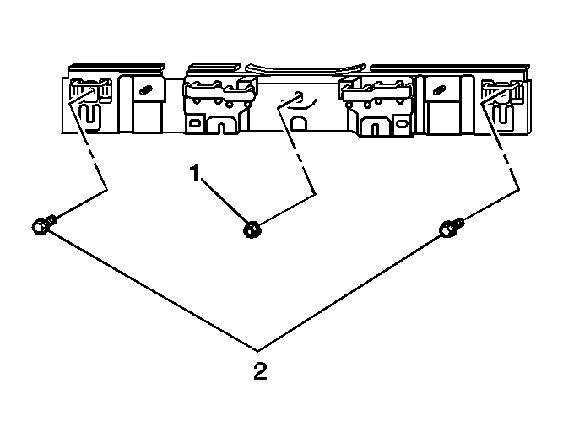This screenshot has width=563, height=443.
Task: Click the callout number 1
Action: pyautogui.click(x=195, y=173)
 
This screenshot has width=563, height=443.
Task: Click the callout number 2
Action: pyautogui.click(x=260, y=370)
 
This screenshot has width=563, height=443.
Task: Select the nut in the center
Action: pyautogui.click(x=252, y=230)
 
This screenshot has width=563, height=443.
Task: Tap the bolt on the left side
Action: pyautogui.click(x=43, y=224)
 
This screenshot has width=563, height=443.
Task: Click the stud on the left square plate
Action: pyautogui.click(x=145, y=89)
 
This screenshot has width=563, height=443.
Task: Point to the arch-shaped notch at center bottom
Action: pyautogui.click(x=299, y=123)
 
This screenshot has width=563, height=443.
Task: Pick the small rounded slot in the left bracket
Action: pyautogui.click(x=195, y=123)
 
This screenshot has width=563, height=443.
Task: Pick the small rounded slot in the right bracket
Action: pyautogui.click(x=402, y=123)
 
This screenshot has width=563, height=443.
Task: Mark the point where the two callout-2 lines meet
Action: pyautogui.click(x=257, y=349)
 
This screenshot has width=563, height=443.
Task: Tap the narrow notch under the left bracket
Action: pyautogui.click(x=222, y=128)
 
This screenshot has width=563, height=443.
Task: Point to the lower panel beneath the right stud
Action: pyautogui.click(x=442, y=118)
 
